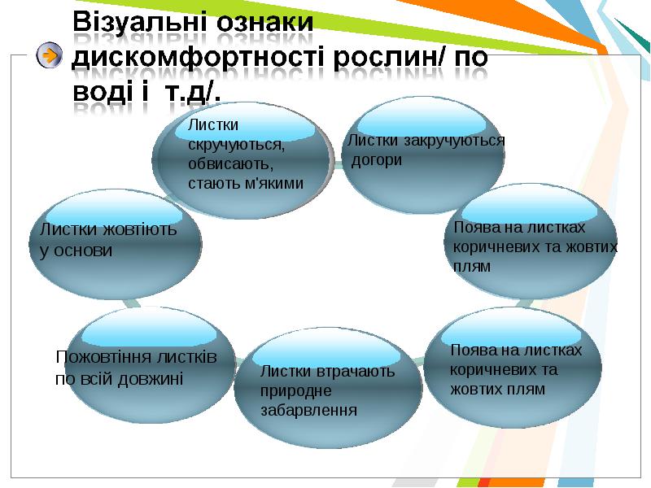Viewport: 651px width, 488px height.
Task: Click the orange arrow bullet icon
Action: pos(50,55)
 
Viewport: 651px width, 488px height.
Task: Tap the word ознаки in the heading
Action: pos(265,22)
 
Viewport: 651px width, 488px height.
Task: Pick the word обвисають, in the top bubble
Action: pos(231,164)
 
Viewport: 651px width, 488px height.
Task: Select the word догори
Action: pos(377,160)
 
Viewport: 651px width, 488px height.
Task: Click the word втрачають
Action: pos(355,371)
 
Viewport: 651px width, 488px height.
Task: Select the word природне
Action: pos(295,391)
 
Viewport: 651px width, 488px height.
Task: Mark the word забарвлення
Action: pos(308,411)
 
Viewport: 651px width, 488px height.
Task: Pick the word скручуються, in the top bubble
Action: pos(236,146)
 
